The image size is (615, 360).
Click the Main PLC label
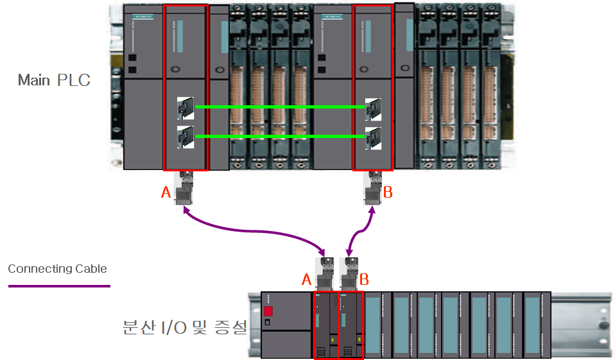54,80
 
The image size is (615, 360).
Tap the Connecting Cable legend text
57,269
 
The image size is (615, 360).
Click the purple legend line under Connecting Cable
58,286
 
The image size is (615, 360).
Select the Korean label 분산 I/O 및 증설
184,328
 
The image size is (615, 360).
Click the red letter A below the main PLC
166,193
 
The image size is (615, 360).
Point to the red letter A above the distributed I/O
307,279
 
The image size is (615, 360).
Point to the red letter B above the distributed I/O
364,279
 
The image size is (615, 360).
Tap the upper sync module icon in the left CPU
186,108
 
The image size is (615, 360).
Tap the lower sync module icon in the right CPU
373,137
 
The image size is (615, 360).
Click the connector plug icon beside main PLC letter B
372,189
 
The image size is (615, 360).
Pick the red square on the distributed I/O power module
268,312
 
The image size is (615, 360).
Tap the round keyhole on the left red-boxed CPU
175,69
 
